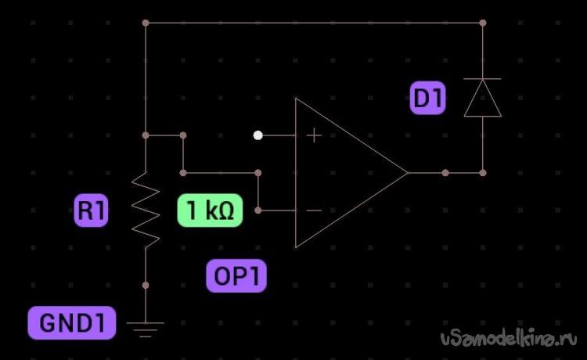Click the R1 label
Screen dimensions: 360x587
coord(92,211)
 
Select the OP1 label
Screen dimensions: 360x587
coord(236,276)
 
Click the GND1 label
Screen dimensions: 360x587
coord(72,322)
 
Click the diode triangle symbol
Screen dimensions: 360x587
coord(482,99)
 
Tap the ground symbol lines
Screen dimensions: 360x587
coord(146,327)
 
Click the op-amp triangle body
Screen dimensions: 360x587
coord(344,173)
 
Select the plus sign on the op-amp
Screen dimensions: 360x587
coord(314,135)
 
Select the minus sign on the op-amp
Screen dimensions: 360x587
coord(314,210)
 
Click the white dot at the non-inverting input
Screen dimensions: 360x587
coord(257,135)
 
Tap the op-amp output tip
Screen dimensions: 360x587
coord(407,172)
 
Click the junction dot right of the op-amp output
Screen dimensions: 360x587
coord(445,172)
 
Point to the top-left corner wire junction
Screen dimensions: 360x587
coord(146,23)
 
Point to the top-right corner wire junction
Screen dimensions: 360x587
coord(482,23)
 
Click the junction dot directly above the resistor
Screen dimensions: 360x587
coord(146,135)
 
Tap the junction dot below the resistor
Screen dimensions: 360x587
coord(146,286)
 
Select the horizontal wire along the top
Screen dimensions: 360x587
coord(313,23)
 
